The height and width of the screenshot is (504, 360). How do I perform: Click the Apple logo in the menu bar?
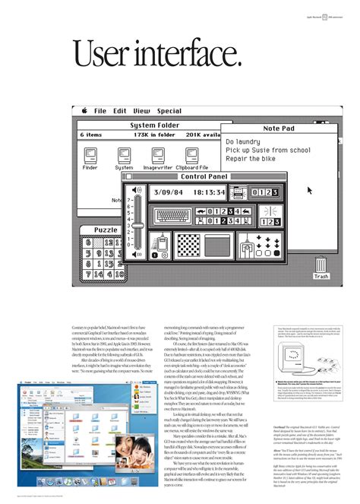point(85,111)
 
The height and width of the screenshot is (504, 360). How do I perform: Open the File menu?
point(100,111)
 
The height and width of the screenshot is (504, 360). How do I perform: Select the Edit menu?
point(120,111)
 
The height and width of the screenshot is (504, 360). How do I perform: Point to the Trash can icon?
point(321,265)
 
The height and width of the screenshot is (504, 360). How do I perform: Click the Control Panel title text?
point(204,176)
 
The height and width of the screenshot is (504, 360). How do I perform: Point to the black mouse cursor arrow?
point(309,190)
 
